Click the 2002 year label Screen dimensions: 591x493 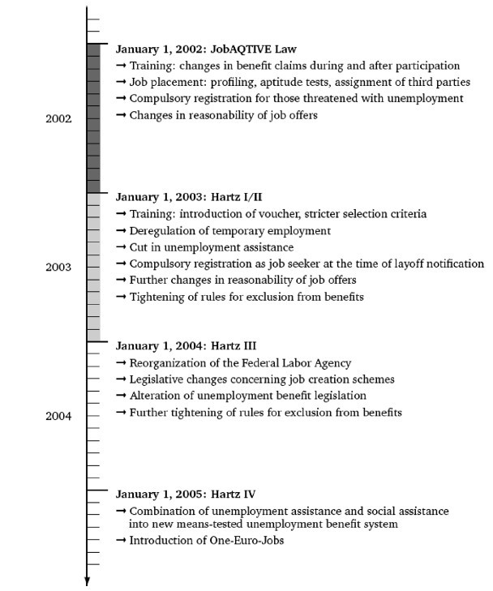58,118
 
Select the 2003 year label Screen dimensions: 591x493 58,266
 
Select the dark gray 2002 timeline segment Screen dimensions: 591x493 93,118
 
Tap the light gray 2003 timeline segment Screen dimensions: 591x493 93,266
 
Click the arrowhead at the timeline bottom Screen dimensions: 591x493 88,579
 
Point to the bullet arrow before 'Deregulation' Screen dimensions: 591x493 122,230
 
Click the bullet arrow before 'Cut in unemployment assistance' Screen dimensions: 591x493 122,247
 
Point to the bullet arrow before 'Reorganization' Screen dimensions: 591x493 122,362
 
